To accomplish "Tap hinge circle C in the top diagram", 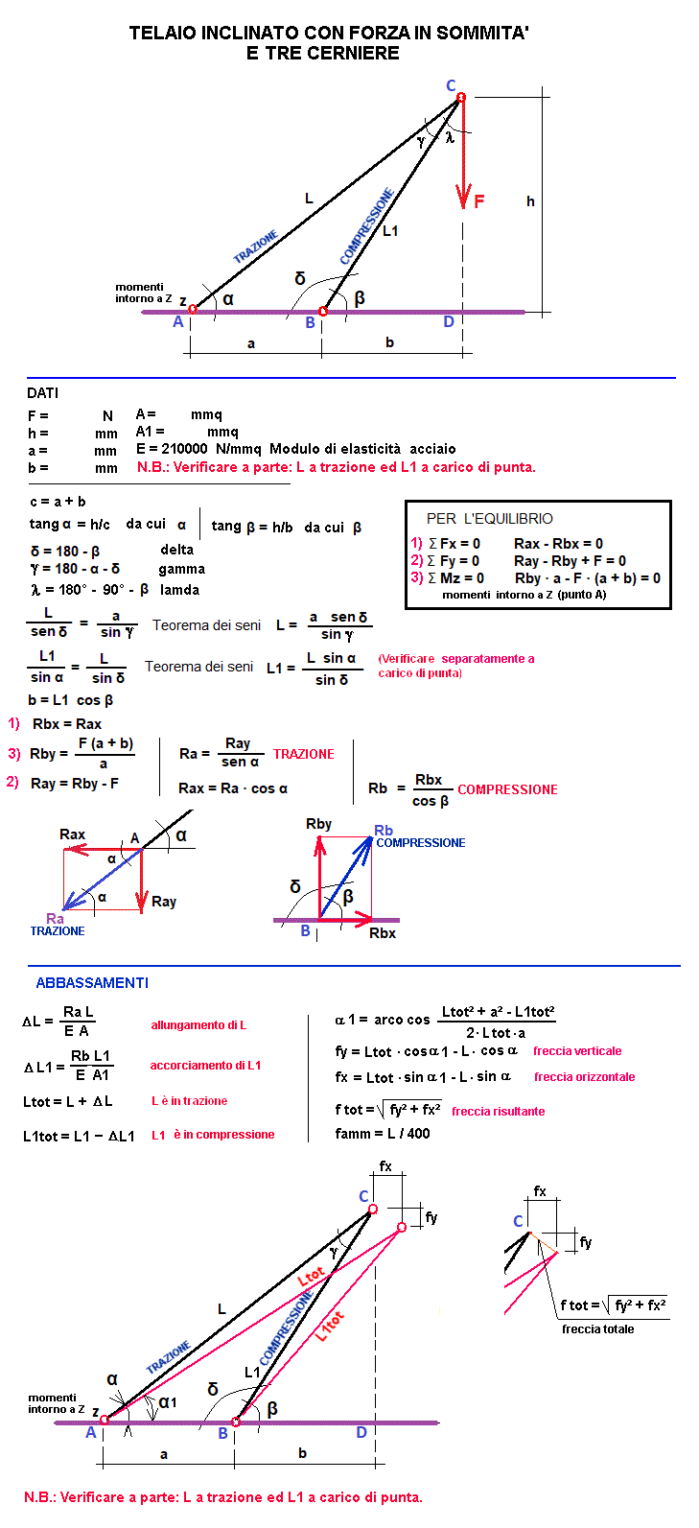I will coord(460,97).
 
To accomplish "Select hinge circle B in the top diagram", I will coord(323,311).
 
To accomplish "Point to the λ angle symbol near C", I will coord(449,137).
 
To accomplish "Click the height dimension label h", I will coord(530,201).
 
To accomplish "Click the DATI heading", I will coord(43,393).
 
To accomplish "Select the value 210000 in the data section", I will coord(183,449).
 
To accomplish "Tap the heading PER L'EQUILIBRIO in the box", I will coord(489,519).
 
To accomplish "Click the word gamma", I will coord(181,569).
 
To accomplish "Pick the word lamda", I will coord(179,590).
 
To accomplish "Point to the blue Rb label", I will coord(384,831).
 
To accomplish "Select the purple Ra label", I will coord(55,919).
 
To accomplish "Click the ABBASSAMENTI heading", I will coord(92,983).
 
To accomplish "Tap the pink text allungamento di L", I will coord(198,1025).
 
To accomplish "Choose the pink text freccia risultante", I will coord(498,1112).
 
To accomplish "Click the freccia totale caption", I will coord(597,1329).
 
